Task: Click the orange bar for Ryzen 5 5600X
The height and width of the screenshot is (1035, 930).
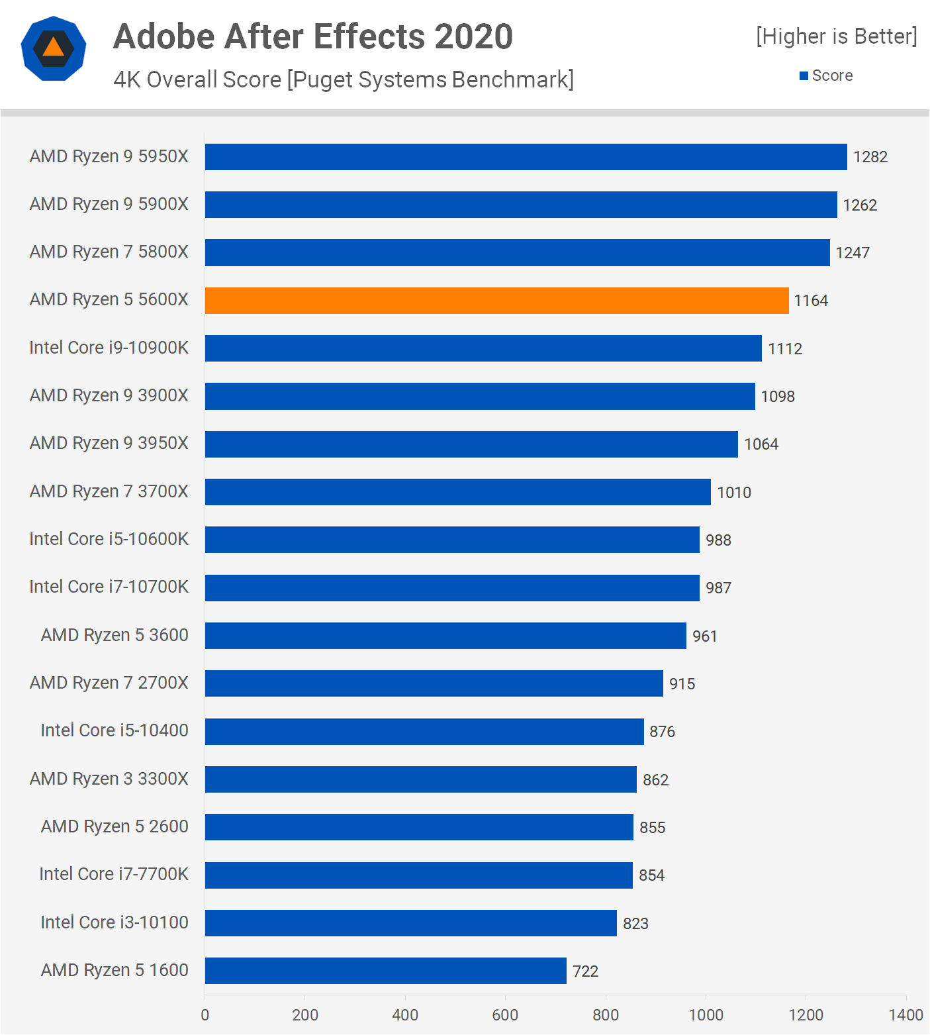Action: (496, 301)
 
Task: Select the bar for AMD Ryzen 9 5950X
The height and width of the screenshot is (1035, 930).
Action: (526, 157)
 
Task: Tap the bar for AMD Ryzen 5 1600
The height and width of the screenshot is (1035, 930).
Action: (385, 971)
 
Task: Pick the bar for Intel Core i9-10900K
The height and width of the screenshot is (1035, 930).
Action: (483, 348)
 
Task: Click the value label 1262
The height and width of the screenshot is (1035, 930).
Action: (860, 205)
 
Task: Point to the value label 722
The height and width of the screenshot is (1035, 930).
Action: (585, 971)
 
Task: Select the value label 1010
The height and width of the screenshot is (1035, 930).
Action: (734, 493)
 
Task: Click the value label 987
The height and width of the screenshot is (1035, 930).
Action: (718, 588)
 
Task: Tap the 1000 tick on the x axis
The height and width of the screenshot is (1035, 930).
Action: (706, 1015)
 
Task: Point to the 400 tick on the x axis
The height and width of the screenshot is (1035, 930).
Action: (405, 1015)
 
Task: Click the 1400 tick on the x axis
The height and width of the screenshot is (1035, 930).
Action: (906, 1015)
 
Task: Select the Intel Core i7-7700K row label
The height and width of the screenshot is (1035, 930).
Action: (114, 874)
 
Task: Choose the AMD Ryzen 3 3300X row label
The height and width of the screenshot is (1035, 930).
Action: (109, 779)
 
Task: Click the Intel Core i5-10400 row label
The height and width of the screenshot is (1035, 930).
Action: (115, 730)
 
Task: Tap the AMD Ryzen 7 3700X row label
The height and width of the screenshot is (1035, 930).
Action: (109, 491)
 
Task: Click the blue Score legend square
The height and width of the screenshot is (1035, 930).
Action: (804, 76)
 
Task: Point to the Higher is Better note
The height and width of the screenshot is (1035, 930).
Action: (837, 36)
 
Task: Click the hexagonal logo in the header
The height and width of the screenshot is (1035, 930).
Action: (54, 48)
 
